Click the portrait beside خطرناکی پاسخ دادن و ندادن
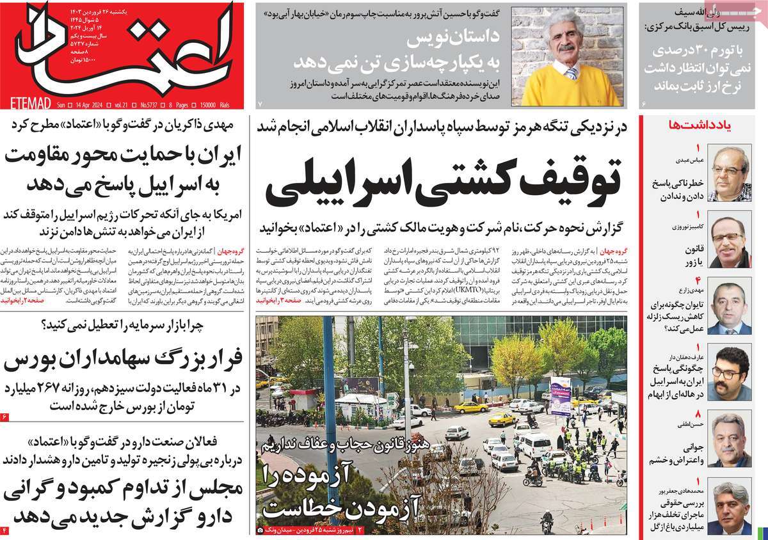[729, 173]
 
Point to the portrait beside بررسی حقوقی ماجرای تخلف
[729, 509]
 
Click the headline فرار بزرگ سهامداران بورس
[125, 362]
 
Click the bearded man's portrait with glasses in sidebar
[729, 374]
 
